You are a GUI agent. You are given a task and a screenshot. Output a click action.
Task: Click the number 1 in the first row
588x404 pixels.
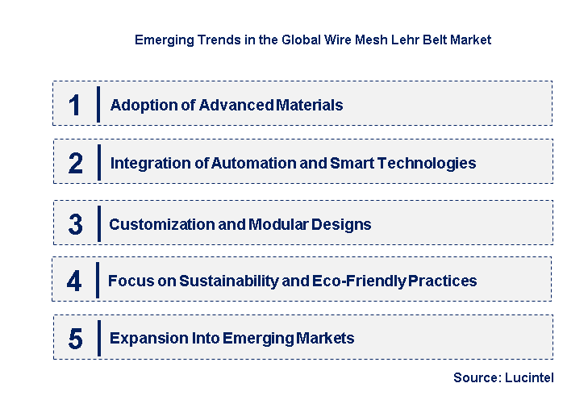tap(75, 106)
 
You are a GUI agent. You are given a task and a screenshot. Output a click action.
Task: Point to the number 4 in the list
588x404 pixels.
tap(75, 281)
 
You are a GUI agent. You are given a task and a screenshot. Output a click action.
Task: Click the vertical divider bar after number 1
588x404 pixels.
tap(98, 105)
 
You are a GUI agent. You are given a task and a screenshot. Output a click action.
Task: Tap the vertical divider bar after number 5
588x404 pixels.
tap(98, 338)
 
